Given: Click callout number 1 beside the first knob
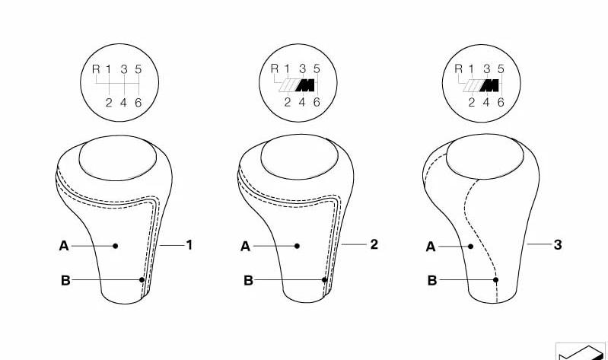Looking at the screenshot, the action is [x=189, y=245].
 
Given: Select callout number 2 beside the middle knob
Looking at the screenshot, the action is [x=374, y=244].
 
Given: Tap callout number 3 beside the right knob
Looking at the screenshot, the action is [x=558, y=245].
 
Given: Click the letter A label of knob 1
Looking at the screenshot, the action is [x=64, y=246].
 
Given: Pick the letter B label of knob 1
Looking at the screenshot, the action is [x=65, y=281].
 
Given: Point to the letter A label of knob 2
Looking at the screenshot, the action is [x=246, y=247].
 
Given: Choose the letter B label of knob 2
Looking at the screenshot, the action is [x=248, y=281].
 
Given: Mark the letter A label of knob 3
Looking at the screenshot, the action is [x=431, y=247].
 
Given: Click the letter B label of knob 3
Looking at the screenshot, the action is [x=432, y=281].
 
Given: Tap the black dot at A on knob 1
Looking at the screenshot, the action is [x=115, y=246].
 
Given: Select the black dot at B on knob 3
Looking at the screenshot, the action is [x=495, y=279].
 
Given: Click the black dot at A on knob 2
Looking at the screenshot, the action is [x=297, y=246].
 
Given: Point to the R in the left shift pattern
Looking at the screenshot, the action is [x=96, y=69].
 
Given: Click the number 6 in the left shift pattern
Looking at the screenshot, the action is [x=138, y=103].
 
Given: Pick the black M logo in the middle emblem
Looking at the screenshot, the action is [x=305, y=85].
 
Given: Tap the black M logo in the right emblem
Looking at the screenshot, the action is [x=489, y=85].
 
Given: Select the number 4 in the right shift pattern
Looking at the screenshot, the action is [x=486, y=103].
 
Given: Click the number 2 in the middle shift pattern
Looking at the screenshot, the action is [x=288, y=103].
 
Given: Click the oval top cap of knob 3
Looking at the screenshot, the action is [x=485, y=157].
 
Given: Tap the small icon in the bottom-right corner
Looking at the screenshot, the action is [x=581, y=352].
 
